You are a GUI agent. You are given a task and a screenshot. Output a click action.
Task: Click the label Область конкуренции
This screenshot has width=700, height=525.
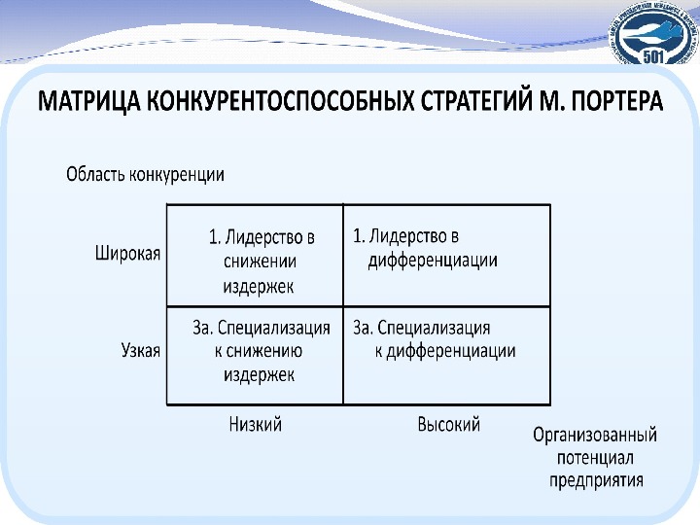(145, 175)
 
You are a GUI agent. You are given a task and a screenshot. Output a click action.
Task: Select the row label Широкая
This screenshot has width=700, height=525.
(127, 252)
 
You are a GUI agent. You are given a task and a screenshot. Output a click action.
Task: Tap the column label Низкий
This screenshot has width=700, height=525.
(255, 425)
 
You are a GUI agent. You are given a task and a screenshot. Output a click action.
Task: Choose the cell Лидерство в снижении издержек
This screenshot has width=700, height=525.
(255, 261)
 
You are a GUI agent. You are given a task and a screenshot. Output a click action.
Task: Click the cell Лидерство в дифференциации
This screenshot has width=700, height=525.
(428, 248)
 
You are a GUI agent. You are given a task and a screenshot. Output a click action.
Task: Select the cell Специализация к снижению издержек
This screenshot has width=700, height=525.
(255, 350)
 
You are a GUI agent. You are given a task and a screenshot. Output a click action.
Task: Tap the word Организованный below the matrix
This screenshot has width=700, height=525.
(594, 435)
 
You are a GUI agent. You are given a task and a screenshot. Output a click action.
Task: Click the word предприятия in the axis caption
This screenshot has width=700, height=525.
(594, 479)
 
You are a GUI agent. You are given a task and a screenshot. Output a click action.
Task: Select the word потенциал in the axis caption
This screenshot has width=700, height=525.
(594, 457)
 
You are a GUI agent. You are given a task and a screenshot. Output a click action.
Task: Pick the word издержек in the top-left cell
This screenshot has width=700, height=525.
(257, 286)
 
